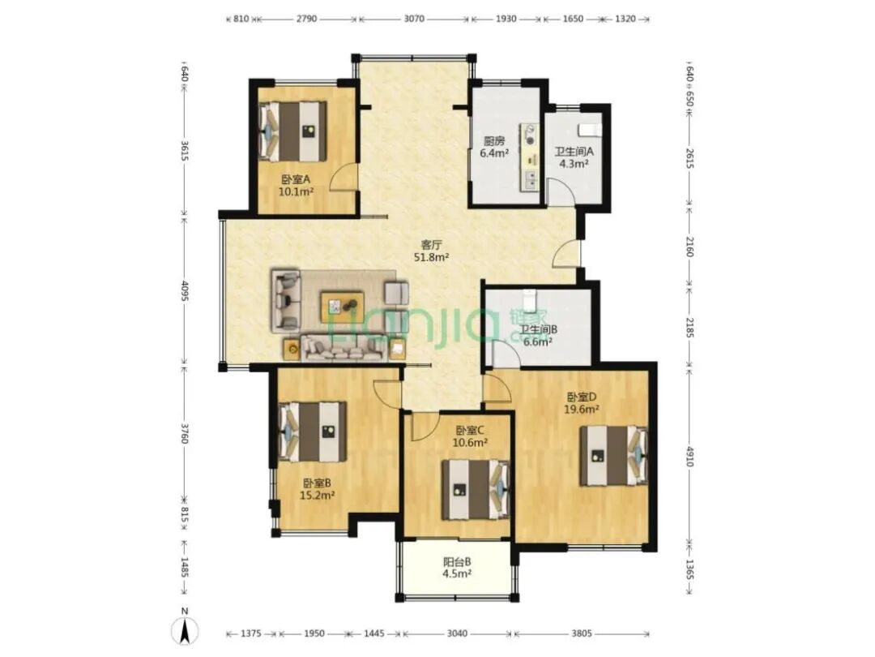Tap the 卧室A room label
point(296,179)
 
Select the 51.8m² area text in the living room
point(431,258)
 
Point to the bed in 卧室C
point(476,489)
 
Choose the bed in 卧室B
point(313,432)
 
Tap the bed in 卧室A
point(293,131)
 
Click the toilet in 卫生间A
point(590,128)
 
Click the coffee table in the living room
point(342,307)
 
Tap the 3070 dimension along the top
point(413,19)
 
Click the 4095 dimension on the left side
point(186,290)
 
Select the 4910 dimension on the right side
point(689,457)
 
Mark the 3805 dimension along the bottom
point(581,633)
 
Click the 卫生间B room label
point(539,329)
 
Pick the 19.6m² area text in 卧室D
point(582,409)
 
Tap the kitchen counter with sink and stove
point(530,157)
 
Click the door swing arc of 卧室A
point(342,177)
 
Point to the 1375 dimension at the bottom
point(250,633)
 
